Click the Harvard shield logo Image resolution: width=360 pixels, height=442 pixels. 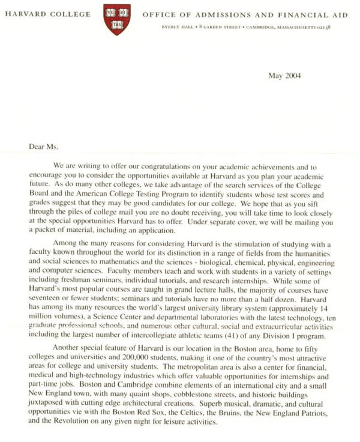click(116, 20)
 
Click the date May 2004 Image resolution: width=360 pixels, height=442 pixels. click(284, 76)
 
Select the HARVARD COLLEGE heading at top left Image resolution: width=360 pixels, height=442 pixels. click(48, 14)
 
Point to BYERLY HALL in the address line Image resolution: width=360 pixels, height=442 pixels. click(175, 28)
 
